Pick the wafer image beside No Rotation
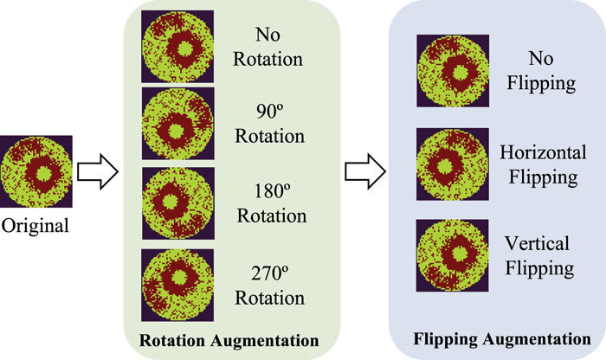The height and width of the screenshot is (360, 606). (x=177, y=47)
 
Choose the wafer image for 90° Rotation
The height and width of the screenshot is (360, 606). (x=177, y=123)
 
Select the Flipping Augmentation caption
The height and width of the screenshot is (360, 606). (x=497, y=338)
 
